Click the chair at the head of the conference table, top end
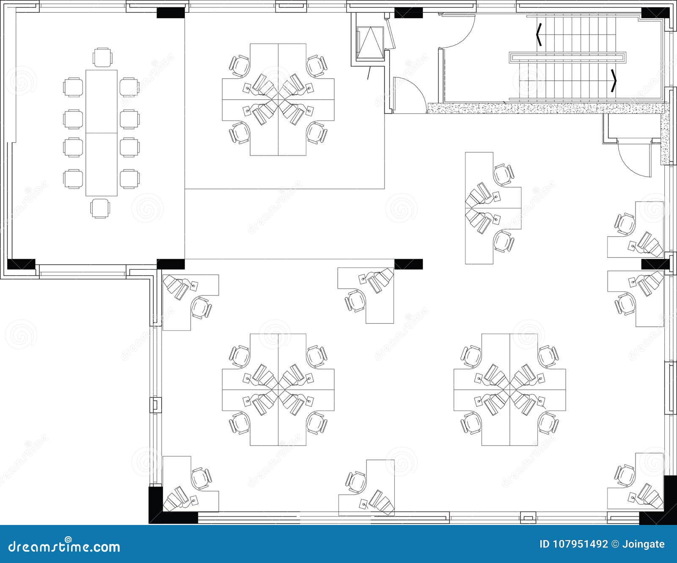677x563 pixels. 102,57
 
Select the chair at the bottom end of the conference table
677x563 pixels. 101,208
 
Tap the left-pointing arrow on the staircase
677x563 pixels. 539,35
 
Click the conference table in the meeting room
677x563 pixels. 102,133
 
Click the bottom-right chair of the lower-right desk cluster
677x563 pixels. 548,421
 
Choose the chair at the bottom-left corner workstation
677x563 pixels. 201,478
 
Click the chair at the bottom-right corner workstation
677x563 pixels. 625,475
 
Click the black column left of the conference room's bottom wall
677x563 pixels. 21,264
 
